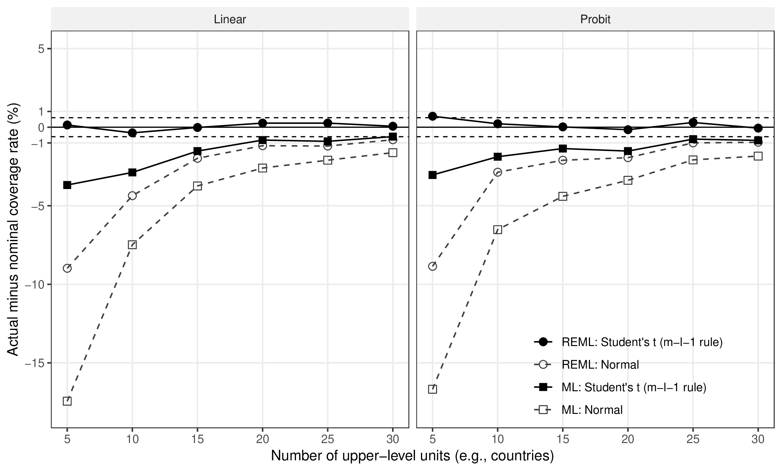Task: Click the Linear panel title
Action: coord(230,19)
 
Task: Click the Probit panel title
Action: coord(595,19)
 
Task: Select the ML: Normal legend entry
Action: coord(592,410)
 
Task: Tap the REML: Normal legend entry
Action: coord(600,365)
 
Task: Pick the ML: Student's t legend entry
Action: coord(633,387)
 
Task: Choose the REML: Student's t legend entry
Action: coord(642,342)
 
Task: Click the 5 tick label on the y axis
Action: coord(41,49)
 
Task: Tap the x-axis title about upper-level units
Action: coord(412,456)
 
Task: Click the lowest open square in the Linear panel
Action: coord(67,401)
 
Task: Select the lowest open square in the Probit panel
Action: coord(432,389)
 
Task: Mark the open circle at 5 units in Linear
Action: coord(67,268)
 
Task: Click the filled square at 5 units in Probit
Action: coord(432,175)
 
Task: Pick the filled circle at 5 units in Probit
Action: coord(432,116)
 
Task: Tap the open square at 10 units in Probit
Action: coord(498,230)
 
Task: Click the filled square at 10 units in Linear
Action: coord(132,172)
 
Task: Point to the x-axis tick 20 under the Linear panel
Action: coord(262,439)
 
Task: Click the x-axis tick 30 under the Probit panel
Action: coord(758,439)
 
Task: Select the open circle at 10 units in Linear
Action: coord(132,196)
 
